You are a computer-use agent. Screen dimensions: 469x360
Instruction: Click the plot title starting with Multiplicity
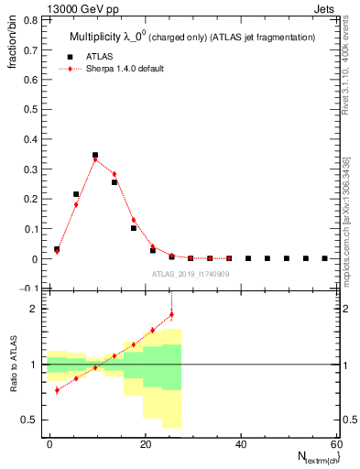click(x=192, y=37)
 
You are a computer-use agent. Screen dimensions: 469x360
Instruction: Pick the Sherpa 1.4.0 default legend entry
click(x=125, y=69)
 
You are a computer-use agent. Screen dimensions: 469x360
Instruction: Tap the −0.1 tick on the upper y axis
click(x=35, y=289)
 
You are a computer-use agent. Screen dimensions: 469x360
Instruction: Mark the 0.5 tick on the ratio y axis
click(x=36, y=420)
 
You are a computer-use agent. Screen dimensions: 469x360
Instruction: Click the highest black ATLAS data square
click(x=95, y=156)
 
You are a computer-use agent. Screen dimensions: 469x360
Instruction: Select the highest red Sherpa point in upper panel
click(x=95, y=160)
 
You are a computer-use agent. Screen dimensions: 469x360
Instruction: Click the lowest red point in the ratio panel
click(x=57, y=390)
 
